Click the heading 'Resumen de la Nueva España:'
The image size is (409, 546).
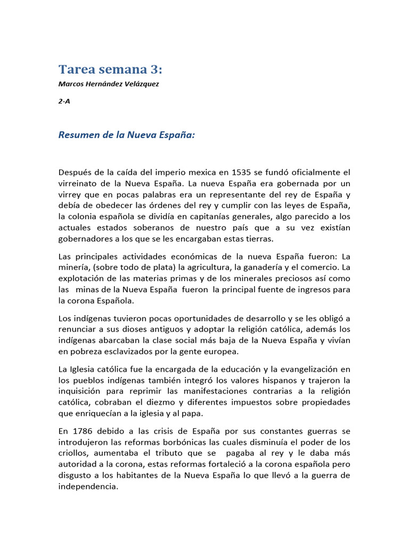pyautogui.click(x=127, y=135)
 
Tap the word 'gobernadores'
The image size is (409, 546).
pyautogui.click(x=84, y=239)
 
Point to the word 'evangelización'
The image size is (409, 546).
pyautogui.click(x=309, y=368)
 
